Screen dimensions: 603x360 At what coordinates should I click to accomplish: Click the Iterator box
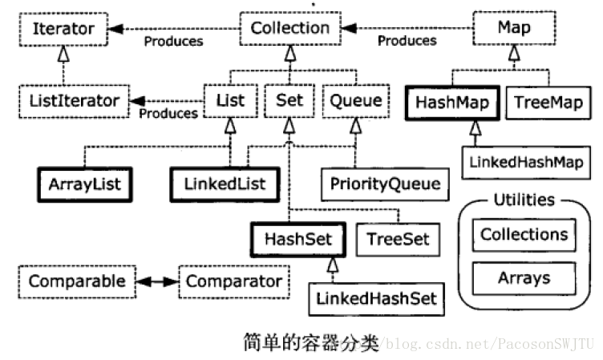point(63,29)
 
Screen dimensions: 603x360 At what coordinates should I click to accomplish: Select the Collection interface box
point(290,28)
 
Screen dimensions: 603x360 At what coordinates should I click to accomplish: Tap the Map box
point(514,28)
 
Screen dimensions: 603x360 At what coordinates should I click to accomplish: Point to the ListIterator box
point(75,101)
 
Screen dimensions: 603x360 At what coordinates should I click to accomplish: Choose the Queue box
point(356,101)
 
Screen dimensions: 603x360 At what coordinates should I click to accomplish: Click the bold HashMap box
point(452,103)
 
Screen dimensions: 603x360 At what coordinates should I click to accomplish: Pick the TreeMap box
point(548,103)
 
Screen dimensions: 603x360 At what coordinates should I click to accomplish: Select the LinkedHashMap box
point(526,162)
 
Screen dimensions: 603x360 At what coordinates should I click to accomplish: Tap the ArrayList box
point(85,184)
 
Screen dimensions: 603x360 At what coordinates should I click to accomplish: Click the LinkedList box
point(225,184)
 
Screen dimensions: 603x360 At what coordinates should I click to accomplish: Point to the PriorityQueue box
point(385,184)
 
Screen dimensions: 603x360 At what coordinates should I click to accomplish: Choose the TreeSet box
point(398,240)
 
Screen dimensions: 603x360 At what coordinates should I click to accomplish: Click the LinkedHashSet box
point(377,299)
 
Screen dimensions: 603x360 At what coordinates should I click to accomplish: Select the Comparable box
point(77,281)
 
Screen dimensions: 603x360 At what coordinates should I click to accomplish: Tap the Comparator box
point(234,281)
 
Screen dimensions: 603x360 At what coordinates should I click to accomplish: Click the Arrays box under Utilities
point(524,278)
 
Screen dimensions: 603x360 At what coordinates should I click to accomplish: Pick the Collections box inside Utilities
point(524,235)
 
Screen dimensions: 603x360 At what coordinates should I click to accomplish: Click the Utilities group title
point(524,200)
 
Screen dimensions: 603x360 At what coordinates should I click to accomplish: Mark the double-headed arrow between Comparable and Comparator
point(157,282)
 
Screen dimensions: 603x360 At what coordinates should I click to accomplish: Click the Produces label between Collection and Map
point(407,41)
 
